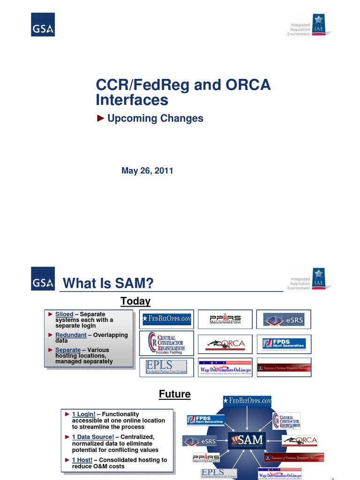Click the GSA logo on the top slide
pos(43,25)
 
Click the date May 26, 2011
pos(147,171)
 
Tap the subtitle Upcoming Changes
pos(155,119)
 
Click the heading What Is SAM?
pos(108,283)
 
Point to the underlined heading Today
pos(135,301)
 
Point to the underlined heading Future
pos(175,394)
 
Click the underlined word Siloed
pos(64,314)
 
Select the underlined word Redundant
pos(71,335)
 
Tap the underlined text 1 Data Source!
pos(93,437)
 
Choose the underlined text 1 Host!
pos(82,460)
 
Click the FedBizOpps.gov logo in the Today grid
pos(167,320)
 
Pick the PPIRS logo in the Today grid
pos(225,320)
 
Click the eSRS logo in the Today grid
pos(284,320)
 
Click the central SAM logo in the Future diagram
pos(247,441)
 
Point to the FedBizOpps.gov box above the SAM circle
pos(247,401)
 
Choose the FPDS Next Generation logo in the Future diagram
pos(205,420)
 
